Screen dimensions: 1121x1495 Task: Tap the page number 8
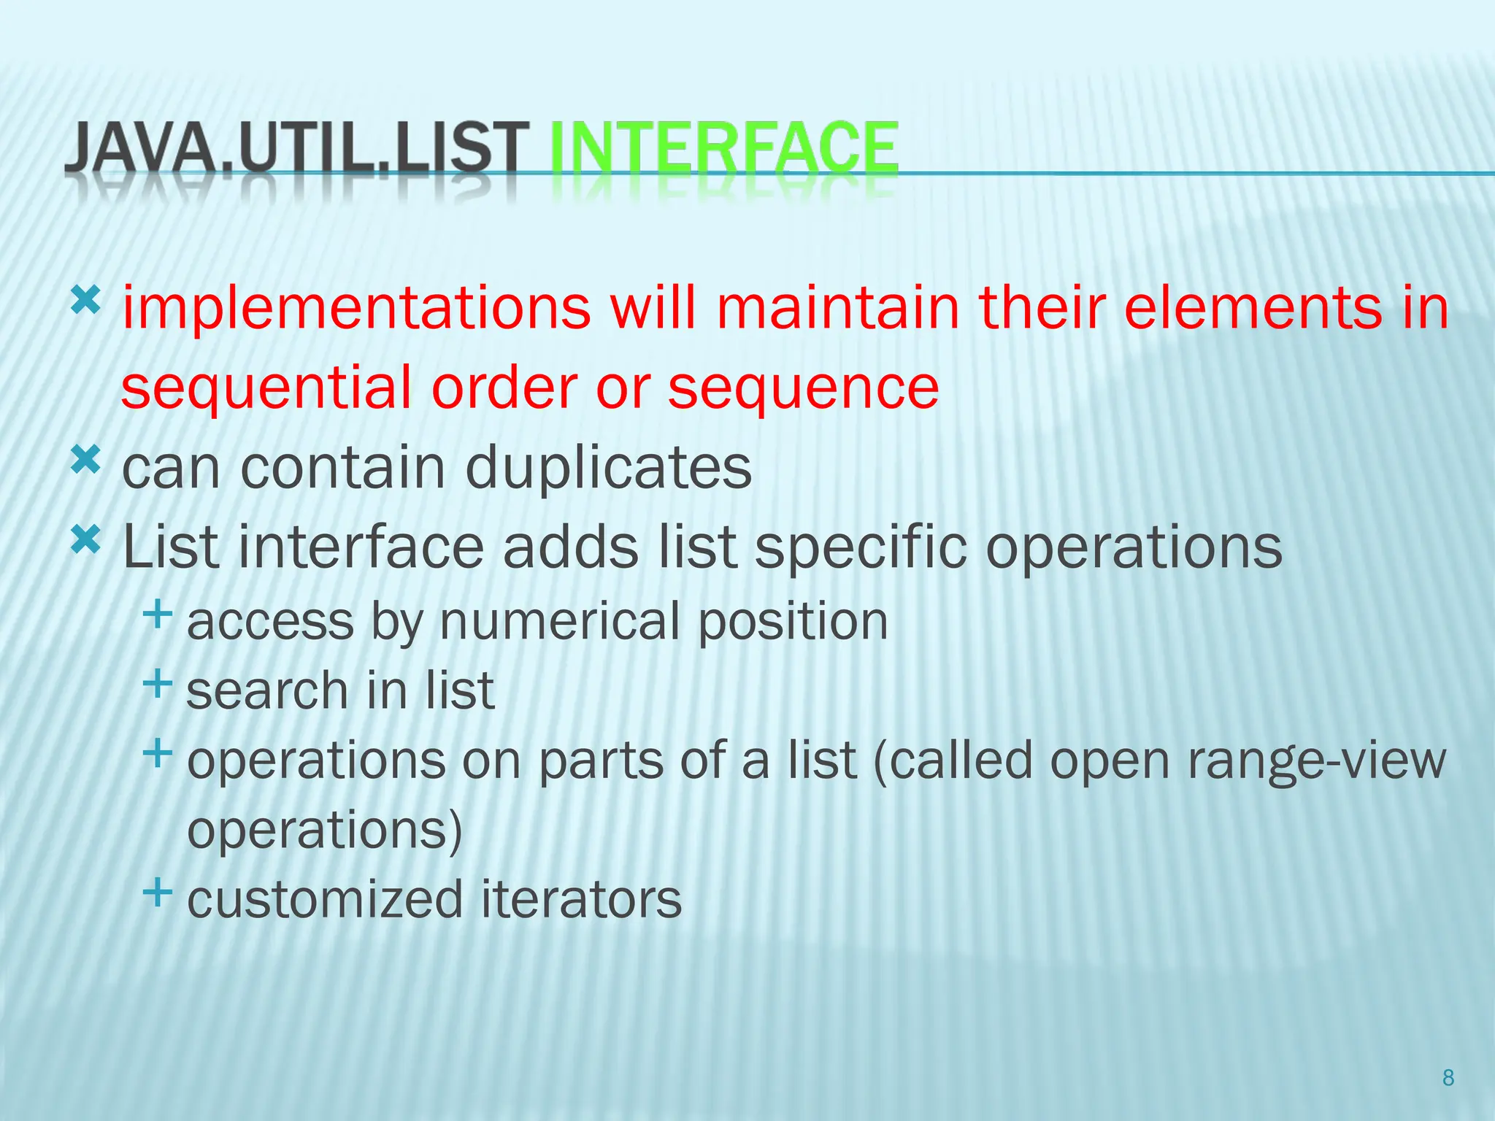click(x=1448, y=1078)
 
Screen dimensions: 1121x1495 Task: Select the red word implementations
click(x=356, y=309)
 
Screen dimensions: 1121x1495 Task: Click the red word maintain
click(x=838, y=307)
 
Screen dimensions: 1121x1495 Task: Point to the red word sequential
click(x=267, y=388)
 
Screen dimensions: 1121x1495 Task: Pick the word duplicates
click(x=608, y=468)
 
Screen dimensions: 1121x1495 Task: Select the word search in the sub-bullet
click(x=267, y=691)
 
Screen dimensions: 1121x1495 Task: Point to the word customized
click(x=325, y=899)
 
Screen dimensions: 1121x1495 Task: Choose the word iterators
click(x=581, y=899)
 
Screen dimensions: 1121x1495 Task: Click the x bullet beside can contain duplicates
click(x=85, y=461)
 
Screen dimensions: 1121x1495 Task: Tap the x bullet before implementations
click(x=85, y=300)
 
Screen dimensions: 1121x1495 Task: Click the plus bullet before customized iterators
click(x=158, y=892)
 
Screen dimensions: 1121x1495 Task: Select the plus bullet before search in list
click(x=158, y=684)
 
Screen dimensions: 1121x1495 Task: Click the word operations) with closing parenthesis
click(x=325, y=831)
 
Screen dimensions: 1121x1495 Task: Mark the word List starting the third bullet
click(x=170, y=547)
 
